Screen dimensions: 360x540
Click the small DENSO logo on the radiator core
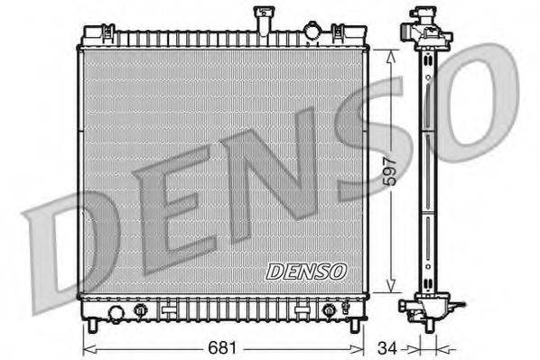point(305,270)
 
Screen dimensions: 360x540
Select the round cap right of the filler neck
point(312,32)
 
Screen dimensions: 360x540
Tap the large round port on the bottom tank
point(115,312)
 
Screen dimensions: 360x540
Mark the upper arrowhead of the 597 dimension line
point(389,55)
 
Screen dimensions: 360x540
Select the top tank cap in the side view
point(424,18)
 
